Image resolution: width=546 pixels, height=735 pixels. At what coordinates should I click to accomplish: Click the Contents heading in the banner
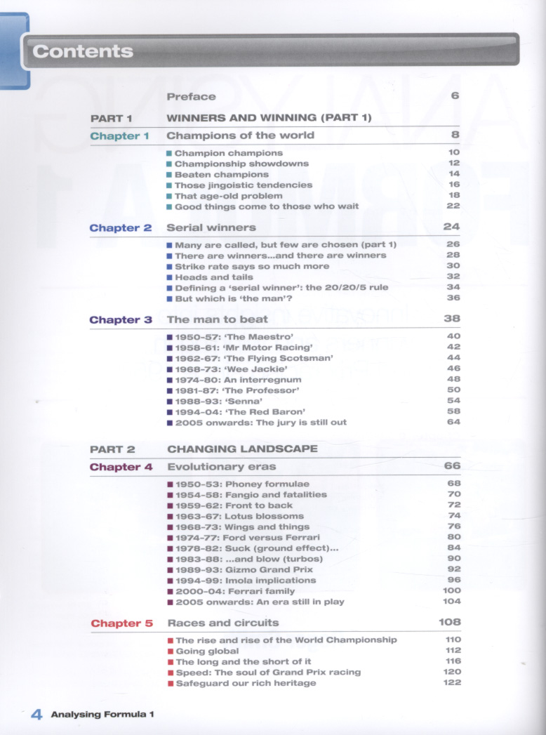tap(83, 51)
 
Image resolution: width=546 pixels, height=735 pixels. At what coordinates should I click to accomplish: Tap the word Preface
tap(192, 97)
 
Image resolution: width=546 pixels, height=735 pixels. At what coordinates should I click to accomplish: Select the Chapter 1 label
tap(120, 136)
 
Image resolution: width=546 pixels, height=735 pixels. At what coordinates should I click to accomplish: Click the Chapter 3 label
tap(120, 319)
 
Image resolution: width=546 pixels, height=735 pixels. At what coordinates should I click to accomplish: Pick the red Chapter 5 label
tap(121, 623)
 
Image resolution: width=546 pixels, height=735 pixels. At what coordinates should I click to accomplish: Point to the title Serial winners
tap(211, 227)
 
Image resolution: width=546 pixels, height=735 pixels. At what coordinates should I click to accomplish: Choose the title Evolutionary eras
tap(222, 466)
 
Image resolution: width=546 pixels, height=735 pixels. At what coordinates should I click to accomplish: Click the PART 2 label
tap(112, 449)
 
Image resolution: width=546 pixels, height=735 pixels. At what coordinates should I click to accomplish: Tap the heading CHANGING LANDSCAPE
tap(242, 449)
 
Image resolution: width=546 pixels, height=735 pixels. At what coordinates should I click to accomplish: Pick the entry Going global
tap(207, 651)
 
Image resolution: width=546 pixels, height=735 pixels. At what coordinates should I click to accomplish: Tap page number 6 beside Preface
tap(455, 96)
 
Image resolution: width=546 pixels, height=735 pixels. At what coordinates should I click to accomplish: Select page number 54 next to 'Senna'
tap(453, 401)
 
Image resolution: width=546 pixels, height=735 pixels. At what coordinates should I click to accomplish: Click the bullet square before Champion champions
tap(169, 153)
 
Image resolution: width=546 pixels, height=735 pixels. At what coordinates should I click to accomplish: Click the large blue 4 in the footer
tap(36, 714)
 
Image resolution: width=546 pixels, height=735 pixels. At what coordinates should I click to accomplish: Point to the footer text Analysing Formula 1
tap(102, 715)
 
